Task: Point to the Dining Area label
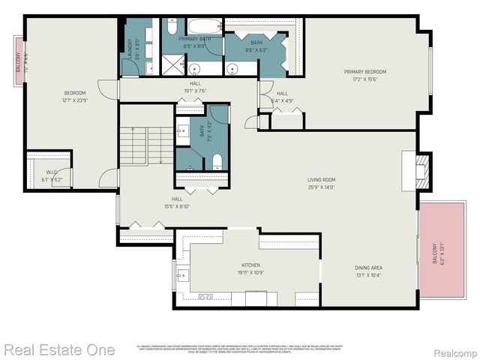(368, 271)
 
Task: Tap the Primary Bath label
(194, 42)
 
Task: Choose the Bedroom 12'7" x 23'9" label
(74, 97)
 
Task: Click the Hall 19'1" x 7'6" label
(195, 87)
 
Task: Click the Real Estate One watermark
(58, 349)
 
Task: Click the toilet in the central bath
(216, 160)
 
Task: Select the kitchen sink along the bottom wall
(205, 298)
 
